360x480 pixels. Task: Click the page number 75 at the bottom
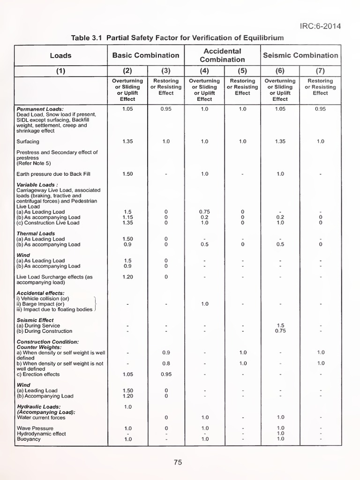(178, 462)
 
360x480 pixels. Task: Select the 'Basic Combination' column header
(146, 55)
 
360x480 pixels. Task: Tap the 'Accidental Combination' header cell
(223, 55)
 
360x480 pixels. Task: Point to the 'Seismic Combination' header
(300, 55)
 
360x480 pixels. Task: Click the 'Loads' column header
(60, 55)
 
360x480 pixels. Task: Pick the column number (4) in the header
(204, 71)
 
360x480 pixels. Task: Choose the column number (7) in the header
(320, 71)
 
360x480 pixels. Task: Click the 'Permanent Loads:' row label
(40, 109)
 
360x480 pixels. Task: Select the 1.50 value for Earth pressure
(127, 174)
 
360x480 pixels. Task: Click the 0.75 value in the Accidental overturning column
(204, 212)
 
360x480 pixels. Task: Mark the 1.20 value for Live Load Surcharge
(127, 277)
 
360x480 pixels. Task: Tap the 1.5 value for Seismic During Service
(280, 325)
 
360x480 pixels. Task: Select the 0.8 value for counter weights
(166, 363)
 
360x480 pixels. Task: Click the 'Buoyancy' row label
(29, 439)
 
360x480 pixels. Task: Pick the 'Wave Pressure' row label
(35, 428)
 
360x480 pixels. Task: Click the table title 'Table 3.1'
(88, 37)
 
